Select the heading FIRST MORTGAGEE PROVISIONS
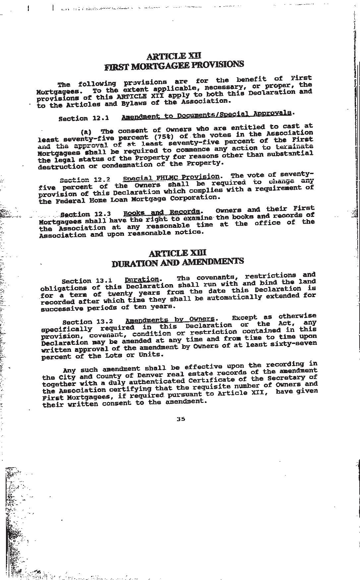174,65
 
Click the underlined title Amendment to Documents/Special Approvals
207,114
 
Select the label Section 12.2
85,180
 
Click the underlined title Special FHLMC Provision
171,177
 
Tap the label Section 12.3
86,214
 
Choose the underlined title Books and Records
162,212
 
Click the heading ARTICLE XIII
178,253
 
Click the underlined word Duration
142,280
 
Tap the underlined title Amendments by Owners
170,320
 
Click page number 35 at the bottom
181,419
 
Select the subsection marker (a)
86,131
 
